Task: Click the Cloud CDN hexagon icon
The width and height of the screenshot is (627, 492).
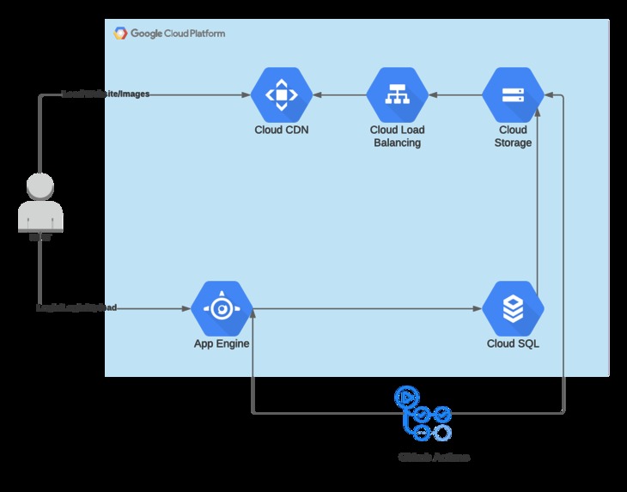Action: coord(281,94)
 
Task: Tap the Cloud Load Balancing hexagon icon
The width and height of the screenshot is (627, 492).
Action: coord(397,94)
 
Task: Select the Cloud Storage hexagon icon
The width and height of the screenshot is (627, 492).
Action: coord(513,94)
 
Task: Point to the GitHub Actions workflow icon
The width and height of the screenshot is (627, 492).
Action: coord(422,415)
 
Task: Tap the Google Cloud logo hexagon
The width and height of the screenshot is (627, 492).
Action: coord(120,33)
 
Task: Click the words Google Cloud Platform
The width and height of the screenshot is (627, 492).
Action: coord(178,33)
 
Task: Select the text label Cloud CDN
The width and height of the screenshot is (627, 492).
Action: coord(281,131)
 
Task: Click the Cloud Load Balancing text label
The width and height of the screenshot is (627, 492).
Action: coord(397,137)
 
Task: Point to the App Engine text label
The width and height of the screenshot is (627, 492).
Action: coord(221,344)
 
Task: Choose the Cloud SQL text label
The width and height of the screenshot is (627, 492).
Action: coord(513,344)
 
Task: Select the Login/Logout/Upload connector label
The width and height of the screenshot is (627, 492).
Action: coord(76,307)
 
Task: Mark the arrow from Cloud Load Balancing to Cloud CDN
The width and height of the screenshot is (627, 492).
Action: coord(339,94)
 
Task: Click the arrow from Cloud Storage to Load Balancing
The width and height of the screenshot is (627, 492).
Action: coord(455,94)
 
